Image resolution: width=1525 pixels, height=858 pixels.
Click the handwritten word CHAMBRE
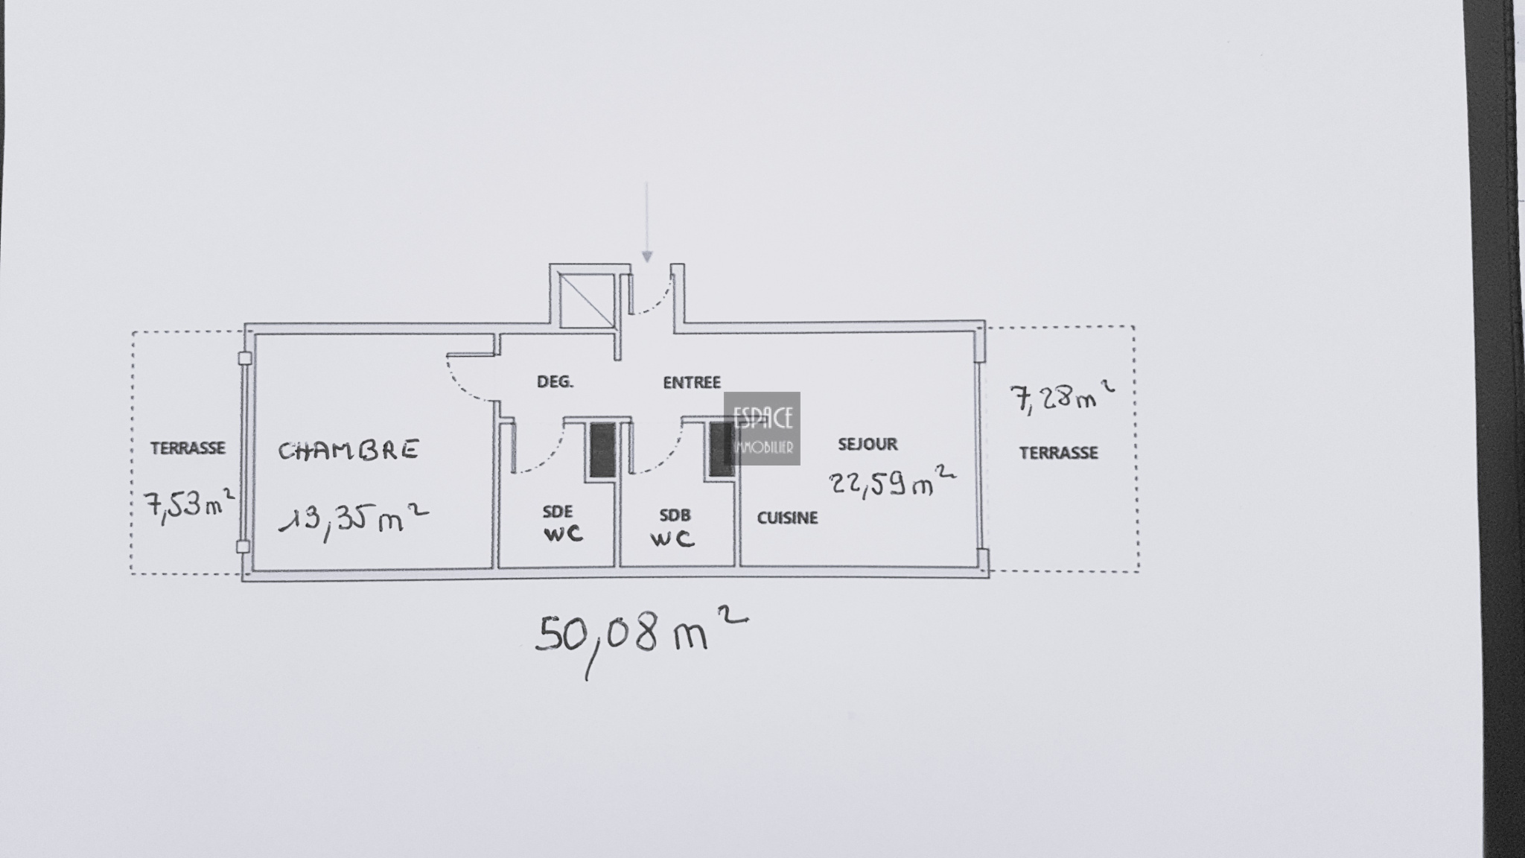pyautogui.click(x=348, y=451)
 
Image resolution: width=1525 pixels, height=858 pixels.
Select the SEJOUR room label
pyautogui.click(x=867, y=444)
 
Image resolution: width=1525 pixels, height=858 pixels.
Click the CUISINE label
pyautogui.click(x=787, y=518)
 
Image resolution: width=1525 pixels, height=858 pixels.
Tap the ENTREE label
pyautogui.click(x=692, y=382)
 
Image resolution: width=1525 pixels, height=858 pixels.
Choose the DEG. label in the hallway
pyautogui.click(x=555, y=382)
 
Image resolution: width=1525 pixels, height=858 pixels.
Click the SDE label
pyautogui.click(x=558, y=512)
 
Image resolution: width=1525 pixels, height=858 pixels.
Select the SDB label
pyautogui.click(x=675, y=515)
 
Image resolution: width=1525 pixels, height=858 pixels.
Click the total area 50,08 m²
pyautogui.click(x=641, y=641)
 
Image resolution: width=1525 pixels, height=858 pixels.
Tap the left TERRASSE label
pyautogui.click(x=188, y=448)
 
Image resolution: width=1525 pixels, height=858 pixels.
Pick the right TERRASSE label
pyautogui.click(x=1058, y=453)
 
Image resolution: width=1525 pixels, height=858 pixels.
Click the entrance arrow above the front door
pyautogui.click(x=647, y=222)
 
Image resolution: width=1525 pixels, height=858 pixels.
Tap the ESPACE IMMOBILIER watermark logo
pyautogui.click(x=762, y=429)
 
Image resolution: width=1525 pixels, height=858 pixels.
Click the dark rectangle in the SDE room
pyautogui.click(x=602, y=450)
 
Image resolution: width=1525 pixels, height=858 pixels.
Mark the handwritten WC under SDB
pyautogui.click(x=672, y=538)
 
